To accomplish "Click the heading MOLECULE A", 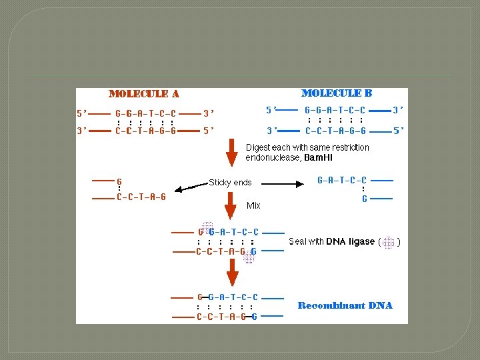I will click(x=143, y=94).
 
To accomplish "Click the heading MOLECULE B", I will click(x=337, y=93).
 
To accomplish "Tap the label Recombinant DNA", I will click(x=345, y=305).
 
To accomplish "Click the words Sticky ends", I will click(x=230, y=182).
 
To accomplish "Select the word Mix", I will click(x=253, y=205).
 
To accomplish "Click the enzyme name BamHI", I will click(x=318, y=158).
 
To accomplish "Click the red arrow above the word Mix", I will click(x=232, y=203).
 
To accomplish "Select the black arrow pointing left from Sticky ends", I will click(x=190, y=186).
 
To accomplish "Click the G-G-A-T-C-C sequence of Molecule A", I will click(x=145, y=113).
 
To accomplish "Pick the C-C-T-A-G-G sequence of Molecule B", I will click(x=335, y=131).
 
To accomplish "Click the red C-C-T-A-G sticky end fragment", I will click(x=141, y=197).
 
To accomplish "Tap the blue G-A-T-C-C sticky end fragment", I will click(x=341, y=180).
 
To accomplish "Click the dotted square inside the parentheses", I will click(x=389, y=242).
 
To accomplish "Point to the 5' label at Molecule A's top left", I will click(x=82, y=113).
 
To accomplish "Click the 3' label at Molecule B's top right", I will click(x=398, y=109).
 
